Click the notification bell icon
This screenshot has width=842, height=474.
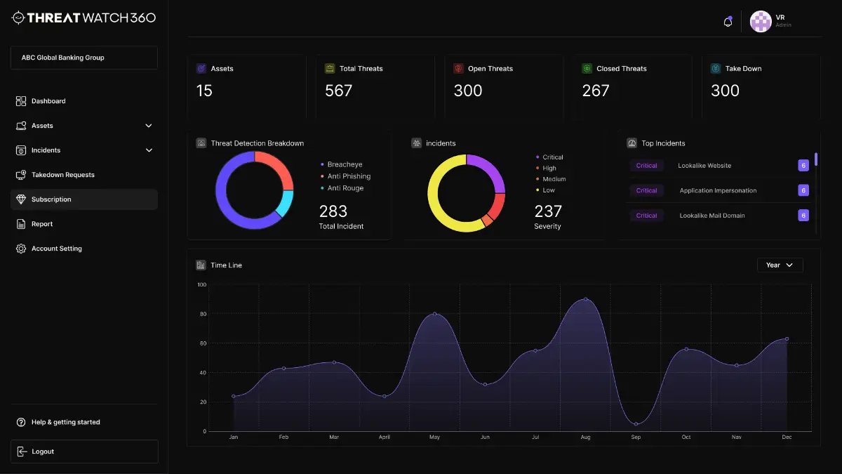(x=728, y=22)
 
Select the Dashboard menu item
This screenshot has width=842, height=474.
(x=48, y=101)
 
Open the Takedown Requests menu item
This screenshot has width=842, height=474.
(x=62, y=175)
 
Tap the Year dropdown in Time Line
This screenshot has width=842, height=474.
(x=780, y=265)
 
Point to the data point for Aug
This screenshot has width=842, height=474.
(x=586, y=299)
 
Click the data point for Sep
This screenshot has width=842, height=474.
(x=636, y=424)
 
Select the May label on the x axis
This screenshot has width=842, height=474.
(x=434, y=437)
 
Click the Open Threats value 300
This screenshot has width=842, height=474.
(x=468, y=91)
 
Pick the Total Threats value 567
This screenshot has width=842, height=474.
(x=338, y=91)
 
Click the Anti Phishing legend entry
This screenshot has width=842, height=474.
(x=349, y=176)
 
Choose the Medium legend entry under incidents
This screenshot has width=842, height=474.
(x=554, y=179)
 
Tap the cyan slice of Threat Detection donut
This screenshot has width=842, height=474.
(x=284, y=203)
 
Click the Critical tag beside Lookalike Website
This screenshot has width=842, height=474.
(x=646, y=166)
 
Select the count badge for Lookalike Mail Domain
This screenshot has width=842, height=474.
(x=803, y=216)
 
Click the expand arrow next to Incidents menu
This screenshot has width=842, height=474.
(x=148, y=150)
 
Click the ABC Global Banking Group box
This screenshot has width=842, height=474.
(x=84, y=58)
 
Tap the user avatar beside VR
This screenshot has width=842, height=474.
(x=761, y=22)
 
